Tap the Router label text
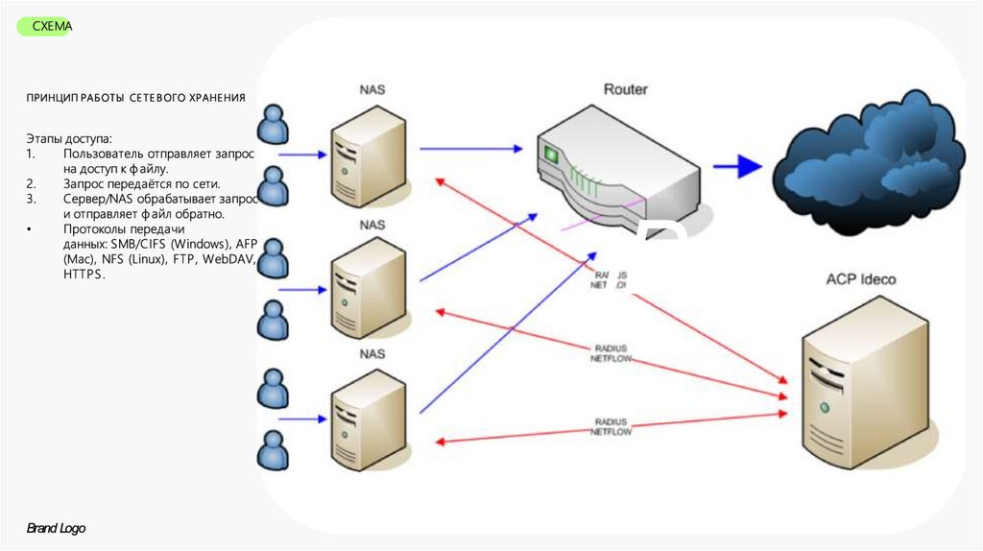(625, 89)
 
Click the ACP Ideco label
(860, 279)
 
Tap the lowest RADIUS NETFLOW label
(611, 427)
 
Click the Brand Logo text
(56, 529)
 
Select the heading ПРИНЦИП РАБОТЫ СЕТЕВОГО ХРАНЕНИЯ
(135, 98)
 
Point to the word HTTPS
(84, 274)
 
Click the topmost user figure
(275, 124)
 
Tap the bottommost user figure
(275, 449)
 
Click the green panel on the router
(551, 154)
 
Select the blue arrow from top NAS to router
(470, 149)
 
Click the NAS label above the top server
(372, 90)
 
